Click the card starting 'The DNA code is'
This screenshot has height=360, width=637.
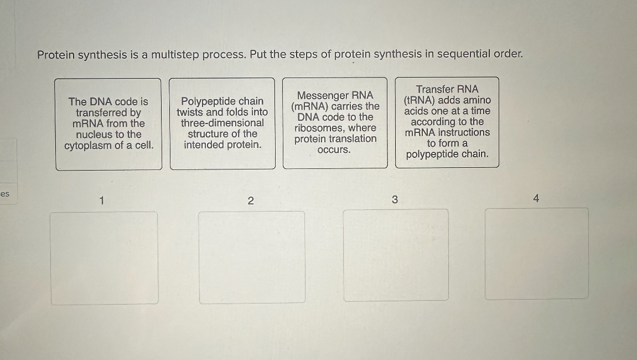tap(108, 124)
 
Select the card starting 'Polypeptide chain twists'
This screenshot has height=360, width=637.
tap(222, 123)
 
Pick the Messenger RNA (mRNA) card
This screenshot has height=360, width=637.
tap(335, 122)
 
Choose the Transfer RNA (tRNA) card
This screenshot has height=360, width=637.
tap(447, 122)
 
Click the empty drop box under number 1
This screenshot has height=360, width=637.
tap(104, 258)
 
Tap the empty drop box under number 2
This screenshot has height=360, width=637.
tap(252, 257)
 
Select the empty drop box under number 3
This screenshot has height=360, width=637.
tap(396, 255)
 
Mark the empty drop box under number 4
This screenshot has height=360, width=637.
tap(536, 254)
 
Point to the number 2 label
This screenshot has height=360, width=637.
tap(250, 201)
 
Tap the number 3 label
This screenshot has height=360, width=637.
tap(395, 200)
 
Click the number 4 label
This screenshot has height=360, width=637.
tap(536, 198)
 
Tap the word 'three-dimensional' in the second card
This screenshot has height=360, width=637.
tap(222, 123)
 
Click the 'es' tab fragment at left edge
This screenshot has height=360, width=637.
tap(6, 194)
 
